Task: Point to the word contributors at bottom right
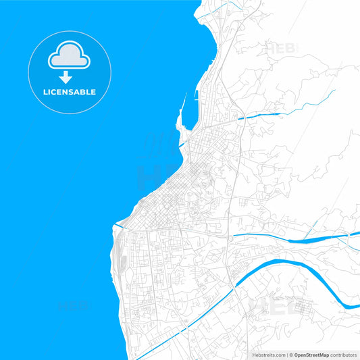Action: click(x=343, y=355)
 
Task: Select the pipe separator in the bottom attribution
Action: click(x=288, y=355)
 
